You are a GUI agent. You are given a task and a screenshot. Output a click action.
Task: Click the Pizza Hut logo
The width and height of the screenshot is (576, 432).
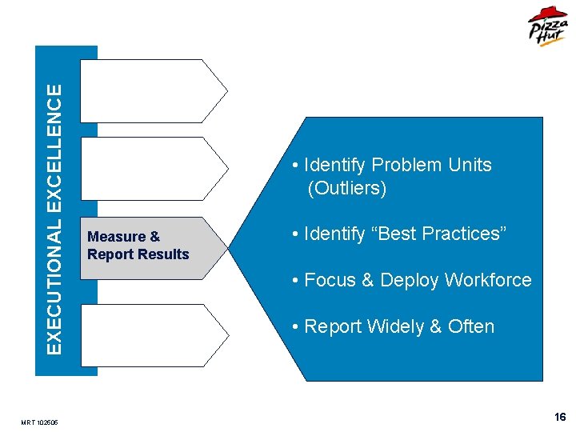[x=547, y=27]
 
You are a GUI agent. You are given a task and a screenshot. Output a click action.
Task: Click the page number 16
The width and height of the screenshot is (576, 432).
[x=560, y=417]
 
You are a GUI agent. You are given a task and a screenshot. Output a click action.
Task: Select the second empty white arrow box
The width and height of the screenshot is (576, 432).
[x=152, y=168]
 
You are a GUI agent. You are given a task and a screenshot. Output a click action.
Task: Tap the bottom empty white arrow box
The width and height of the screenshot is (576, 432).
[x=152, y=334]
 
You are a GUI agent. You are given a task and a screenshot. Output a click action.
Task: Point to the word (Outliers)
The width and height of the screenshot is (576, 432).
[x=346, y=189]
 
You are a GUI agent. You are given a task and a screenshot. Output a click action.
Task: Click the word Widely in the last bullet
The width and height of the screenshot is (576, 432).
[x=388, y=326]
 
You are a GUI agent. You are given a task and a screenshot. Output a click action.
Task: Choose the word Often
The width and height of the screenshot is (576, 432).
[x=471, y=326]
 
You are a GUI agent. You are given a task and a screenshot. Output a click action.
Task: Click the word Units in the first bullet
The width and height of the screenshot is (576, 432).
[x=470, y=165]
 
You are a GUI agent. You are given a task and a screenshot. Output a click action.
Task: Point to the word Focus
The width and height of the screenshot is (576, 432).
[x=330, y=280]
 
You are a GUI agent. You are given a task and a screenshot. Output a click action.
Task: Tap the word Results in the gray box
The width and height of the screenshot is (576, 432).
[x=163, y=254]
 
